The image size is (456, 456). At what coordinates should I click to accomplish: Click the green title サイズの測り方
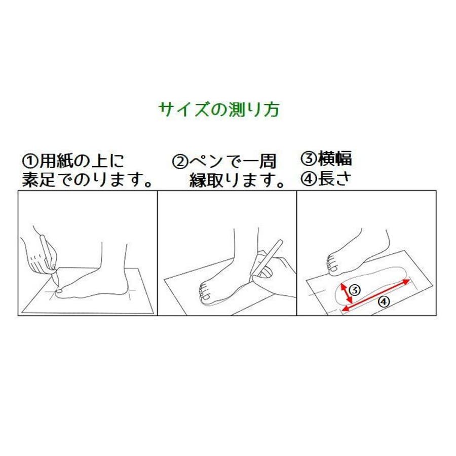pyautogui.click(x=219, y=109)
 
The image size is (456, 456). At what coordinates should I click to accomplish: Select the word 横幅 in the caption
pyautogui.click(x=335, y=159)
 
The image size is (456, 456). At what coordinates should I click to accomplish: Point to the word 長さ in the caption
pyautogui.click(x=335, y=178)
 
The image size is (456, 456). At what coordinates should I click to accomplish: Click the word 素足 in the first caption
pyautogui.click(x=39, y=179)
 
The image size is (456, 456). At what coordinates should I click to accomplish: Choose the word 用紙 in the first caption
pyautogui.click(x=56, y=161)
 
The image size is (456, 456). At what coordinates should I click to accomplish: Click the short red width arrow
pyautogui.click(x=347, y=293)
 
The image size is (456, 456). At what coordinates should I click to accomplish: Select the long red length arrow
pyautogui.click(x=376, y=295)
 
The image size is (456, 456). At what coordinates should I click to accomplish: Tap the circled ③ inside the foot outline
pyautogui.click(x=355, y=290)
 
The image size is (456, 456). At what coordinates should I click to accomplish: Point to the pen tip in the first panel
pyautogui.click(x=57, y=285)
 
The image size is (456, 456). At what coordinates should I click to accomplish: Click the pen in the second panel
pyautogui.click(x=267, y=257)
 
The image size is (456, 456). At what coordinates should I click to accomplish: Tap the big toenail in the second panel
pyautogui.click(x=207, y=297)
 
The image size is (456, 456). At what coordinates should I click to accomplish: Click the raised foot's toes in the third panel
pyautogui.click(x=331, y=264)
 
